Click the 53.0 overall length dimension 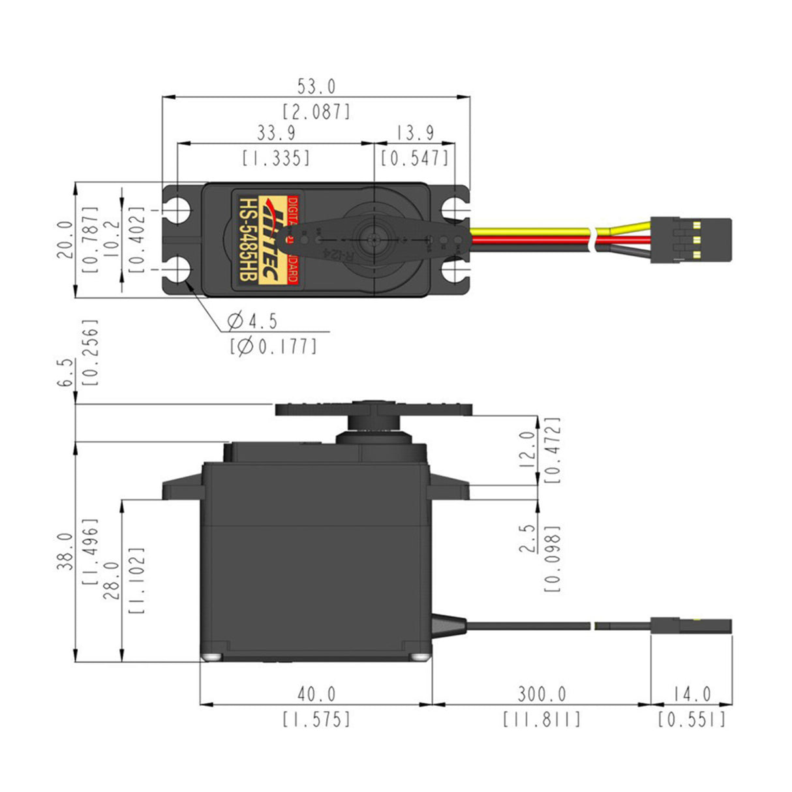316,86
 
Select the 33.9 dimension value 275,133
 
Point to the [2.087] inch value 316,112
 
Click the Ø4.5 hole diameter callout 252,321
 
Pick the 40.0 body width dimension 316,693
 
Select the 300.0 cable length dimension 541,693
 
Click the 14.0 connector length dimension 692,693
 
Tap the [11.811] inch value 541,719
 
